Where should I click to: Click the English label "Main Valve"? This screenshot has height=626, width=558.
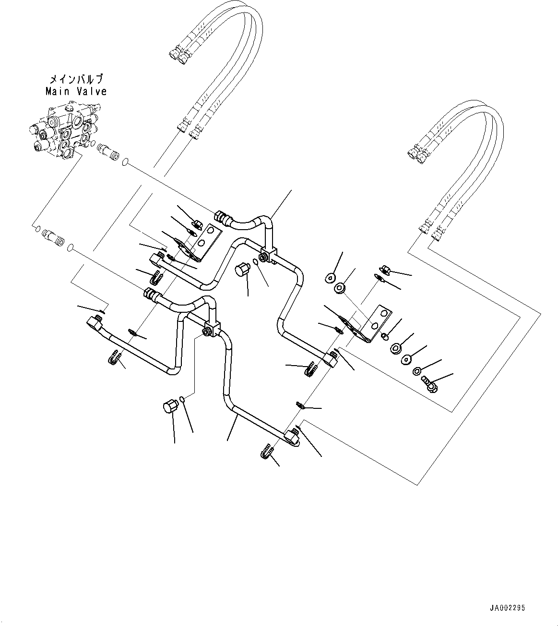click(x=76, y=91)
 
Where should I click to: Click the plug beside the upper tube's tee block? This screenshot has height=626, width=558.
click(x=243, y=270)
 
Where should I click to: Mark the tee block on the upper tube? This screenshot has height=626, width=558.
click(x=268, y=253)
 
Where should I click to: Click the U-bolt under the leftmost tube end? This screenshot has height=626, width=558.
click(x=114, y=358)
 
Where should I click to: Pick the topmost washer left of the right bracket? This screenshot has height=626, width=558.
click(x=330, y=277)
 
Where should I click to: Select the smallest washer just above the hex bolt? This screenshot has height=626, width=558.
click(x=417, y=371)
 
